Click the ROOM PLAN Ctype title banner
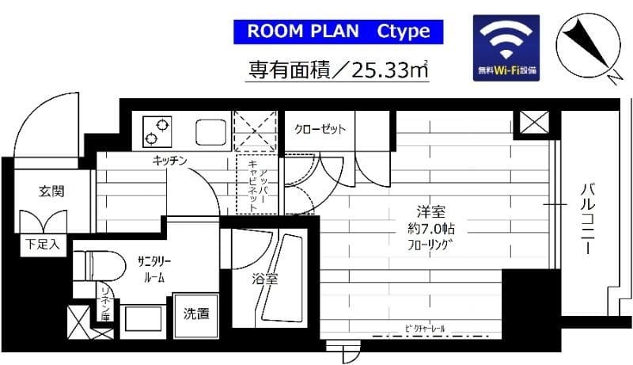click(339, 32)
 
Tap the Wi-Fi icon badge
click(507, 47)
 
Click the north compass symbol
click(586, 44)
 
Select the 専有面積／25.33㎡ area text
click(338, 70)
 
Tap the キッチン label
click(170, 162)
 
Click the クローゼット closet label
click(320, 129)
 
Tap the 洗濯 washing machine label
click(197, 314)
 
